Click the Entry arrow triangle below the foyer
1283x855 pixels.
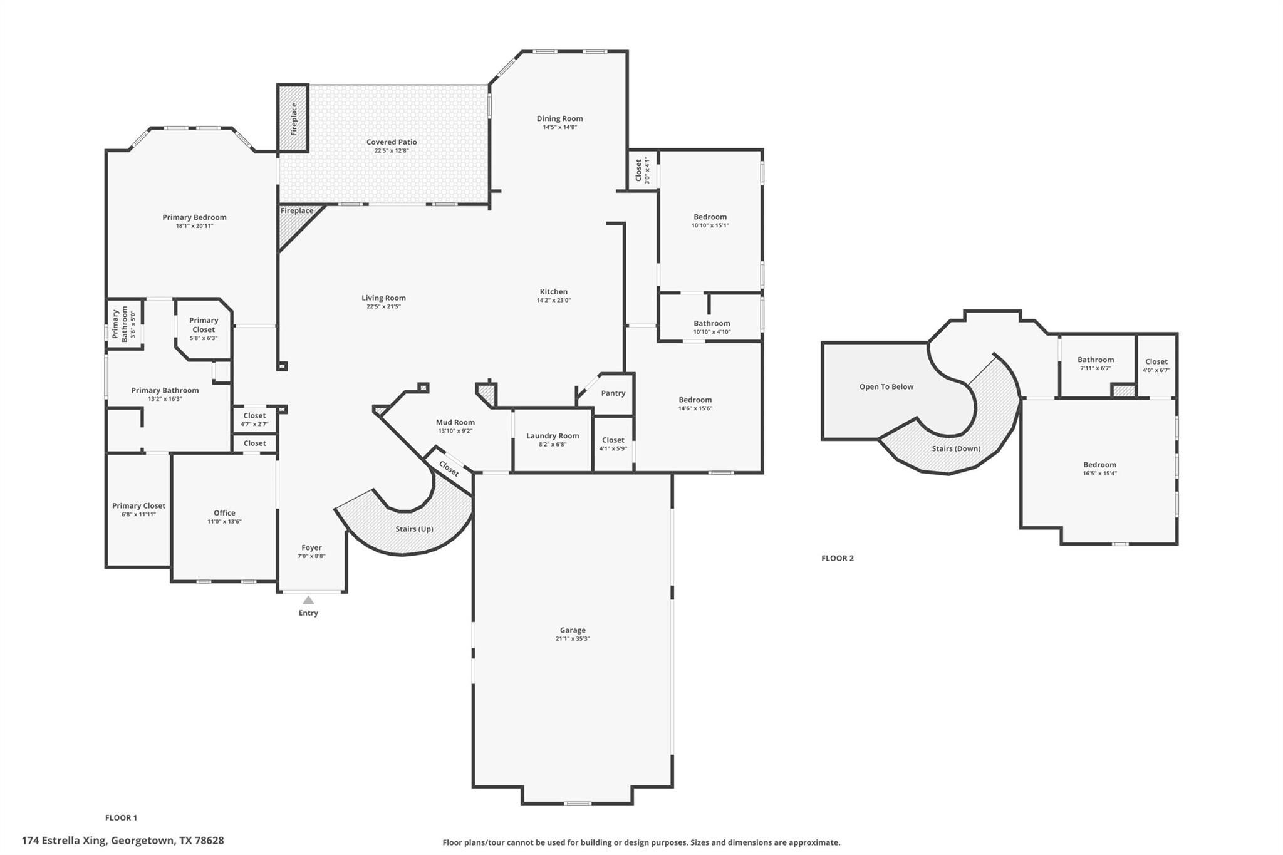point(308,600)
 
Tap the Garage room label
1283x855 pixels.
point(573,630)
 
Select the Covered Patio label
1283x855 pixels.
point(392,142)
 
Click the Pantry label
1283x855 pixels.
point(613,393)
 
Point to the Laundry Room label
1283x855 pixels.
point(553,436)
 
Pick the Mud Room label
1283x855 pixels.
point(455,422)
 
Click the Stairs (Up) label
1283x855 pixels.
point(414,529)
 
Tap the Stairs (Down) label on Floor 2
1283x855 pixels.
point(956,448)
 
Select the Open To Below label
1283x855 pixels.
point(886,386)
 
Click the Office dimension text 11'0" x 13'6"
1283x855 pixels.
point(224,521)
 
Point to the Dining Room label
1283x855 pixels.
point(559,118)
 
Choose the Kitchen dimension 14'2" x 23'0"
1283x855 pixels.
point(554,300)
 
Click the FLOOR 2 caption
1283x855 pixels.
point(838,558)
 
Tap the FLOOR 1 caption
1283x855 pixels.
point(121,817)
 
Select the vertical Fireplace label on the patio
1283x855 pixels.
point(294,119)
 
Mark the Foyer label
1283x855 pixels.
point(311,547)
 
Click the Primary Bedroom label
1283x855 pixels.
point(194,217)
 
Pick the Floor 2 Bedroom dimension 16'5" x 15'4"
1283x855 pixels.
point(1099,473)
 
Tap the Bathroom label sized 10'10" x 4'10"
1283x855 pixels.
point(712,323)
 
